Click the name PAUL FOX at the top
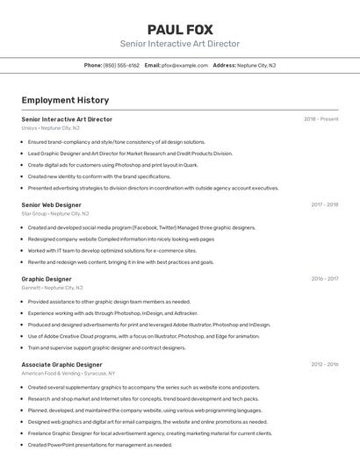pos(180,30)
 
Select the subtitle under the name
pos(180,44)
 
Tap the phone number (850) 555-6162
pos(121,65)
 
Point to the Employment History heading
pos(65,100)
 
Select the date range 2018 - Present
pos(320,119)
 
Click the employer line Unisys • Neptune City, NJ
pos(50,128)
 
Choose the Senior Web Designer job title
pos(51,204)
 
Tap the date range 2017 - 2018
pos(324,204)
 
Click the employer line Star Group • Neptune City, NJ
pos(54,213)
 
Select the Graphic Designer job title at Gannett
pos(47,279)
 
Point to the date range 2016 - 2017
pos(324,279)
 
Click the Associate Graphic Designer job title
pos(61,364)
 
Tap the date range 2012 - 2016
pos(324,364)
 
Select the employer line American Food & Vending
pos(68,373)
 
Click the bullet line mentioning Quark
pos(112,164)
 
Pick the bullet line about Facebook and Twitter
pos(141,227)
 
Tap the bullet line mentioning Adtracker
pos(112,312)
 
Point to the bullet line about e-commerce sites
pos(112,250)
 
